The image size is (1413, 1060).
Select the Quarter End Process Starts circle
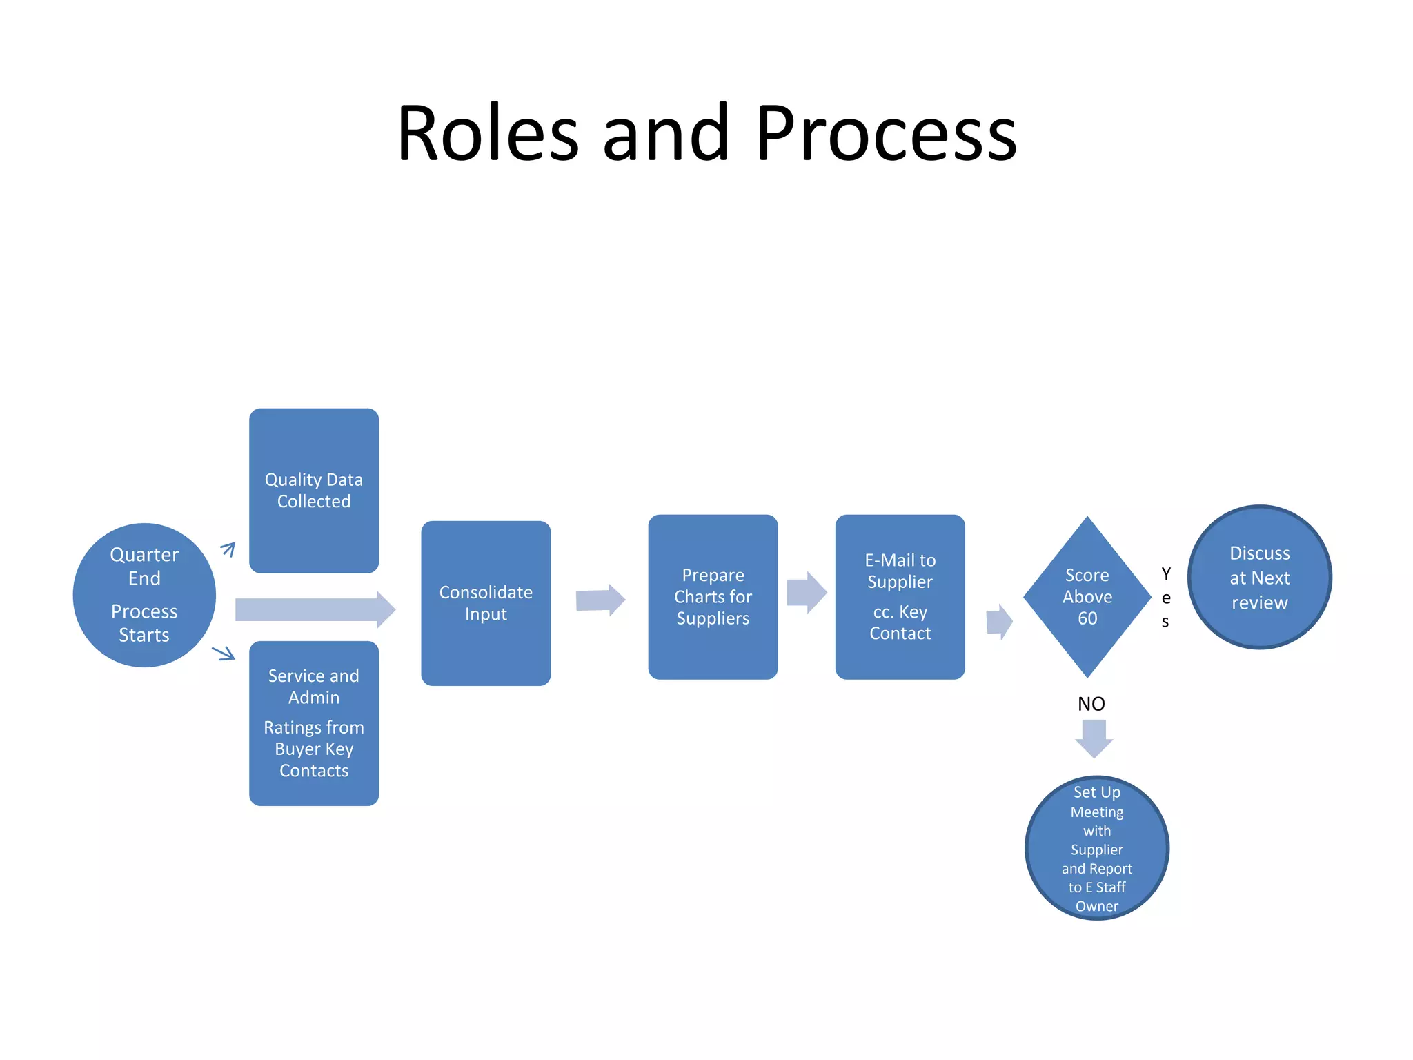tap(144, 595)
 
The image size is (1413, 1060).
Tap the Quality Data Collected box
tap(314, 491)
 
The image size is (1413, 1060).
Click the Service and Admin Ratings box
tap(314, 723)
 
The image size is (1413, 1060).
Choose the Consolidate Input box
tap(486, 603)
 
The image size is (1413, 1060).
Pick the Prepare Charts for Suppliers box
tap(713, 597)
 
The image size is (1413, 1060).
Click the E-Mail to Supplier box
tap(900, 597)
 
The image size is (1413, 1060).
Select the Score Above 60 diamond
tap(1087, 597)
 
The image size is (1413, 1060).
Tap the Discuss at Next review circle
tap(1259, 578)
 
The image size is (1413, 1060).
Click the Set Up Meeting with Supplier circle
tap(1096, 848)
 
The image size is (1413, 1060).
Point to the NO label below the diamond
tap(1091, 704)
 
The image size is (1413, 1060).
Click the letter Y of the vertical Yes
tap(1166, 574)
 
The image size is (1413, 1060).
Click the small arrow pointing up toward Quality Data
tap(228, 549)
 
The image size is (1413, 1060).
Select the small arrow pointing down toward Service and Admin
tap(224, 652)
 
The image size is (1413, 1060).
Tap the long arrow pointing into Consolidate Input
tap(315, 610)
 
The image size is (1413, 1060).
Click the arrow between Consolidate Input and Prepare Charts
tap(600, 600)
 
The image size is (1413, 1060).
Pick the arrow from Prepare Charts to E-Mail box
tap(806, 593)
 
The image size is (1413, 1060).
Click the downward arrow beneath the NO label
tap(1094, 738)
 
